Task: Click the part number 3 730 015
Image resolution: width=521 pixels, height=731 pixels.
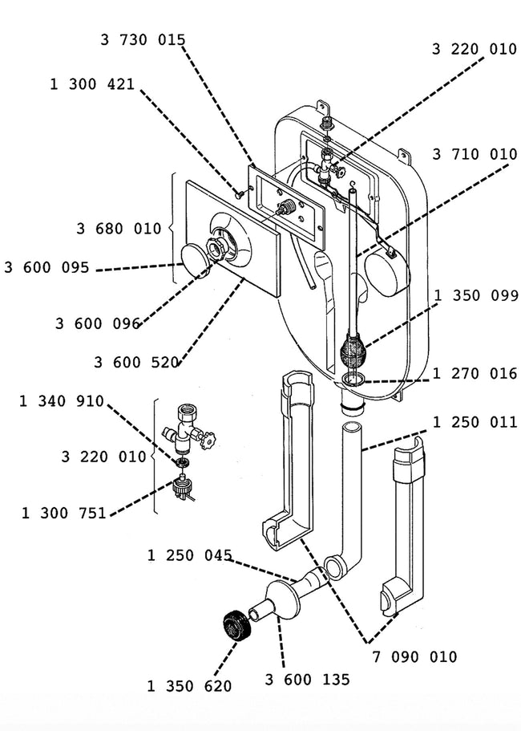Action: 143,39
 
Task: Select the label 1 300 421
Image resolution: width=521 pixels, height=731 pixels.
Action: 92,84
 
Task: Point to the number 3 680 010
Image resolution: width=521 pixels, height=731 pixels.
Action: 119,229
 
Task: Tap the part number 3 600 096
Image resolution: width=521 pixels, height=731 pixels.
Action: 98,323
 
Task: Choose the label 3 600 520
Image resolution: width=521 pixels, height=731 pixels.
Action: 136,362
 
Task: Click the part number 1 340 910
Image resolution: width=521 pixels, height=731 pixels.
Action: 62,401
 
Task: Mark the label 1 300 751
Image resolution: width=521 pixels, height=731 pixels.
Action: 64,514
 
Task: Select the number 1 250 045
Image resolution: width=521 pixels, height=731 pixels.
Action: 190,555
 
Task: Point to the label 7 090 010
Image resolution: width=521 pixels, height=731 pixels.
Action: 414,657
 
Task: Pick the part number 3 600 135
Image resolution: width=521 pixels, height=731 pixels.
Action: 307,680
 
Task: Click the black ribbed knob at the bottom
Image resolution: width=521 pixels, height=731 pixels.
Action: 236,626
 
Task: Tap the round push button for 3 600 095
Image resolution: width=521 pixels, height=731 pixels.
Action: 195,261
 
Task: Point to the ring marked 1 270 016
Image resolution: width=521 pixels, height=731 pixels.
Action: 353,378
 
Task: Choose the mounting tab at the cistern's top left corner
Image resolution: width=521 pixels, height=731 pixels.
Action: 324,106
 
